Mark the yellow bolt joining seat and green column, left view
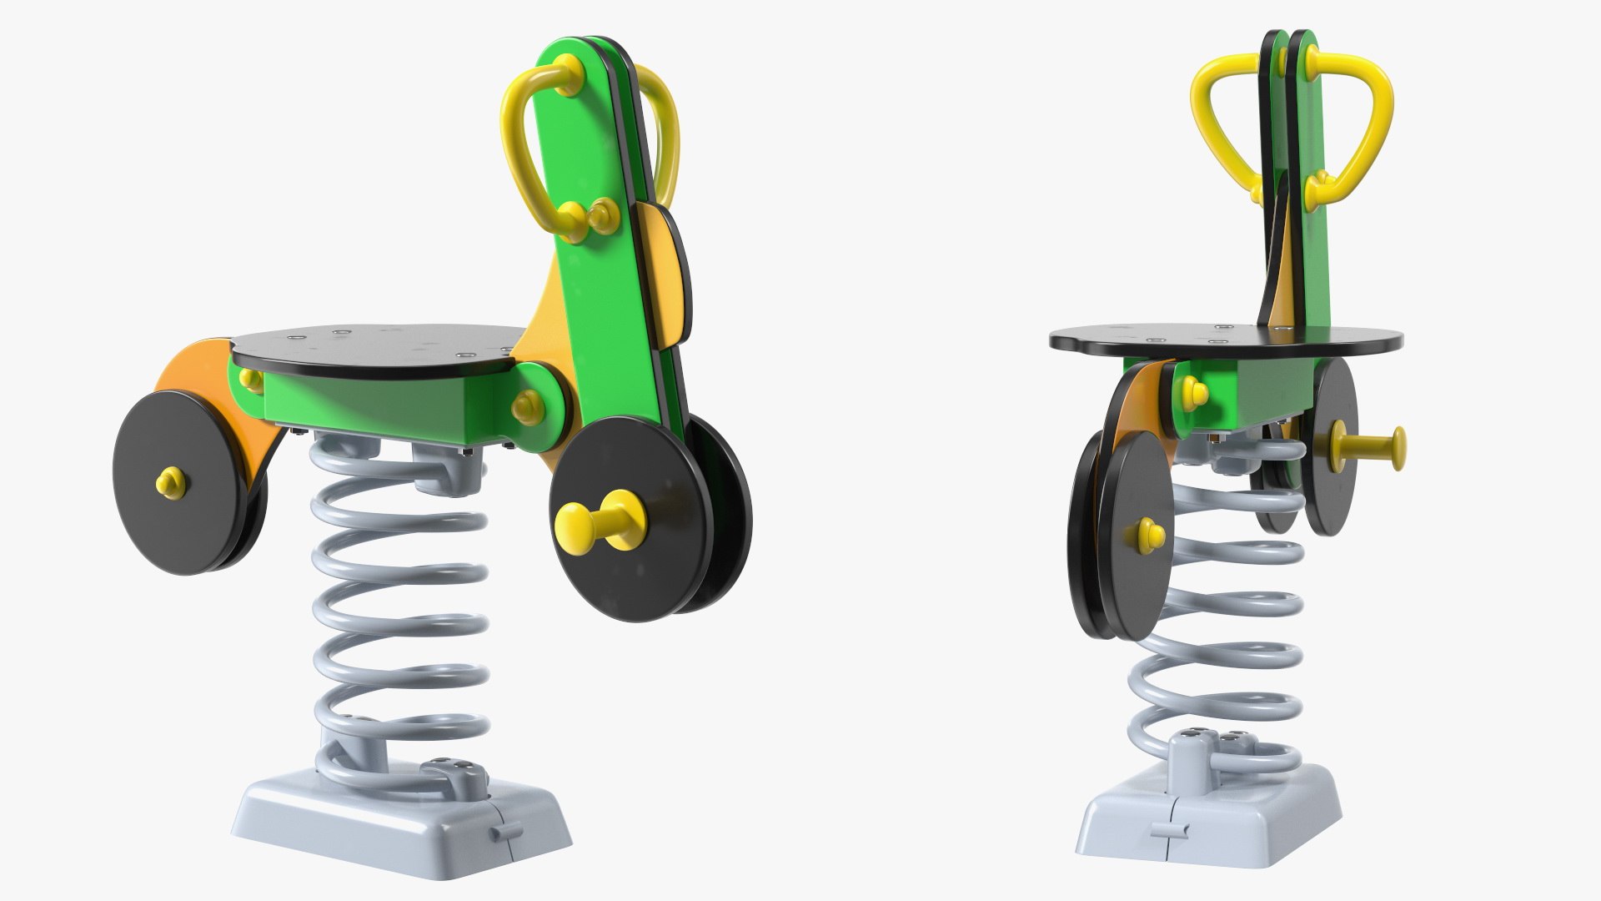[x=527, y=407]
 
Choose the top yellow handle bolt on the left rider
[x=568, y=67]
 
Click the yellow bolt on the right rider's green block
[x=1193, y=390]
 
